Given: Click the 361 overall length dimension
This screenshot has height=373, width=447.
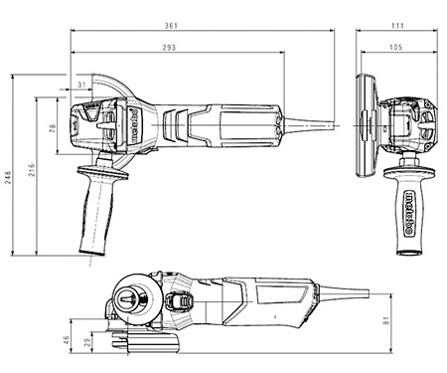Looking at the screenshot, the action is [x=171, y=26].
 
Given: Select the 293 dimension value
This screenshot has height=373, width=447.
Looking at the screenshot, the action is [x=169, y=48].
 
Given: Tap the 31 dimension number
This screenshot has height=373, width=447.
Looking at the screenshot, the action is [x=81, y=85].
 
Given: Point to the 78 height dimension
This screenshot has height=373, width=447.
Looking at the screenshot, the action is [x=53, y=128].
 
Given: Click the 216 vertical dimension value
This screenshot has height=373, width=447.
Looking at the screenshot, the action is [x=31, y=170].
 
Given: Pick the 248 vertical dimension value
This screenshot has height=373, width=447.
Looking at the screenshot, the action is [x=7, y=178].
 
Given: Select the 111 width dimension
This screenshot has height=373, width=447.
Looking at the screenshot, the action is [x=397, y=26].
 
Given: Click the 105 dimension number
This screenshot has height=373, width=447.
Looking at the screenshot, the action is [x=395, y=48].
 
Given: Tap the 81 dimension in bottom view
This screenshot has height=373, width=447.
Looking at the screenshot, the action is [x=386, y=320].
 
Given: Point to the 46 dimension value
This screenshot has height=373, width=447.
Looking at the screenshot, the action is [x=67, y=340].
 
